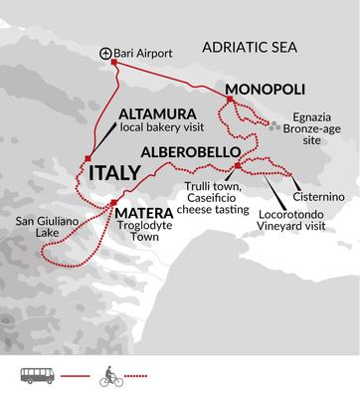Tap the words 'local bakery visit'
160,128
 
